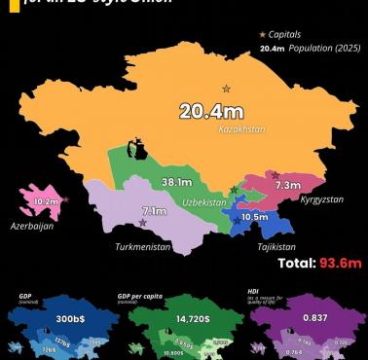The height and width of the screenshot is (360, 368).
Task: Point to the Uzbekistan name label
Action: [x=203, y=202]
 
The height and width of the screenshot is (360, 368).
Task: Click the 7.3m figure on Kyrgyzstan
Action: [x=288, y=185]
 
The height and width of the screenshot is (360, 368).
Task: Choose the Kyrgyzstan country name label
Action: [x=296, y=198]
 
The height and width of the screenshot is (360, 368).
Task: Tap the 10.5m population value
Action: [x=255, y=218]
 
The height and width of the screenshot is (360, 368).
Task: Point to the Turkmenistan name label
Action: [x=143, y=247]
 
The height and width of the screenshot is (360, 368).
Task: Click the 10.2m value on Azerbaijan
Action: [x=45, y=202]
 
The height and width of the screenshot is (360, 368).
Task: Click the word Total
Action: [x=296, y=263]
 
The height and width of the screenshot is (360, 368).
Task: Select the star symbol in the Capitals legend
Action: [x=262, y=35]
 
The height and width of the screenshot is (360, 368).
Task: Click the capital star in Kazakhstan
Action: [x=227, y=89]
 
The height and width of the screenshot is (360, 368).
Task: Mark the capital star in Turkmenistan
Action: [x=144, y=224]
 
